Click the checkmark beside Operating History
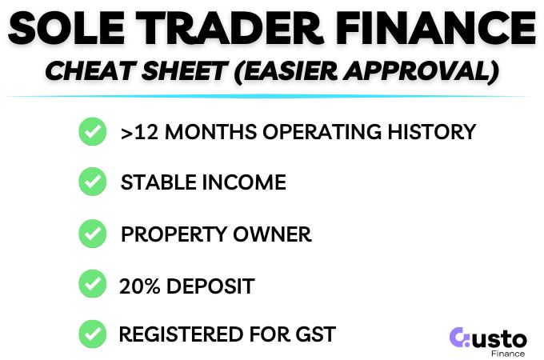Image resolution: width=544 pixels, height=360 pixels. pos(92,132)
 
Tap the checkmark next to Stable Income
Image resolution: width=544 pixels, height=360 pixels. pos(92,182)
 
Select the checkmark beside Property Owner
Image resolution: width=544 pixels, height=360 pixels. pos(92,234)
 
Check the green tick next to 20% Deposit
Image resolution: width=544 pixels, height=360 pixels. pos(92,284)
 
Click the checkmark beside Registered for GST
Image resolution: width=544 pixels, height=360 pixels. pos(92,333)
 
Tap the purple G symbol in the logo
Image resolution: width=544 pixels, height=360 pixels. pos(461,337)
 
